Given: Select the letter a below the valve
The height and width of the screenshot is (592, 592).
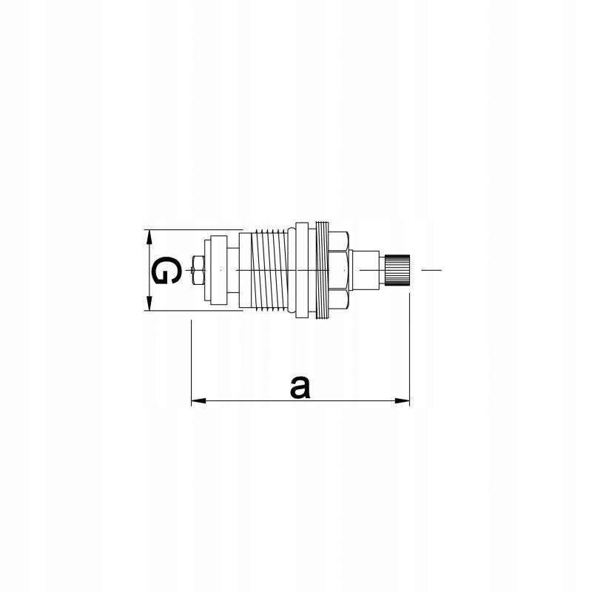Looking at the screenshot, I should click(299, 386).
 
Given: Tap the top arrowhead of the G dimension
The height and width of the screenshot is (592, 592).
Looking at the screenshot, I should click(149, 236).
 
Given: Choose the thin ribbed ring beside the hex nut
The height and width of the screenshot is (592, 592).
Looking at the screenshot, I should click(321, 270).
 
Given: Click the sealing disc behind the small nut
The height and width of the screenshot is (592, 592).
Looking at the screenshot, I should click(218, 270).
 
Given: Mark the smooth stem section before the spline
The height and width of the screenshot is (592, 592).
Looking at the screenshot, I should click(366, 270).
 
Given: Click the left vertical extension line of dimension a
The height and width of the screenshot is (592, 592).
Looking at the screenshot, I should click(192, 363).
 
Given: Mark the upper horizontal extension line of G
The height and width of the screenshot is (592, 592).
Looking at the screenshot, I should click(192, 229).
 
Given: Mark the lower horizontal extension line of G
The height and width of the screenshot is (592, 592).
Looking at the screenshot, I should click(192, 311).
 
